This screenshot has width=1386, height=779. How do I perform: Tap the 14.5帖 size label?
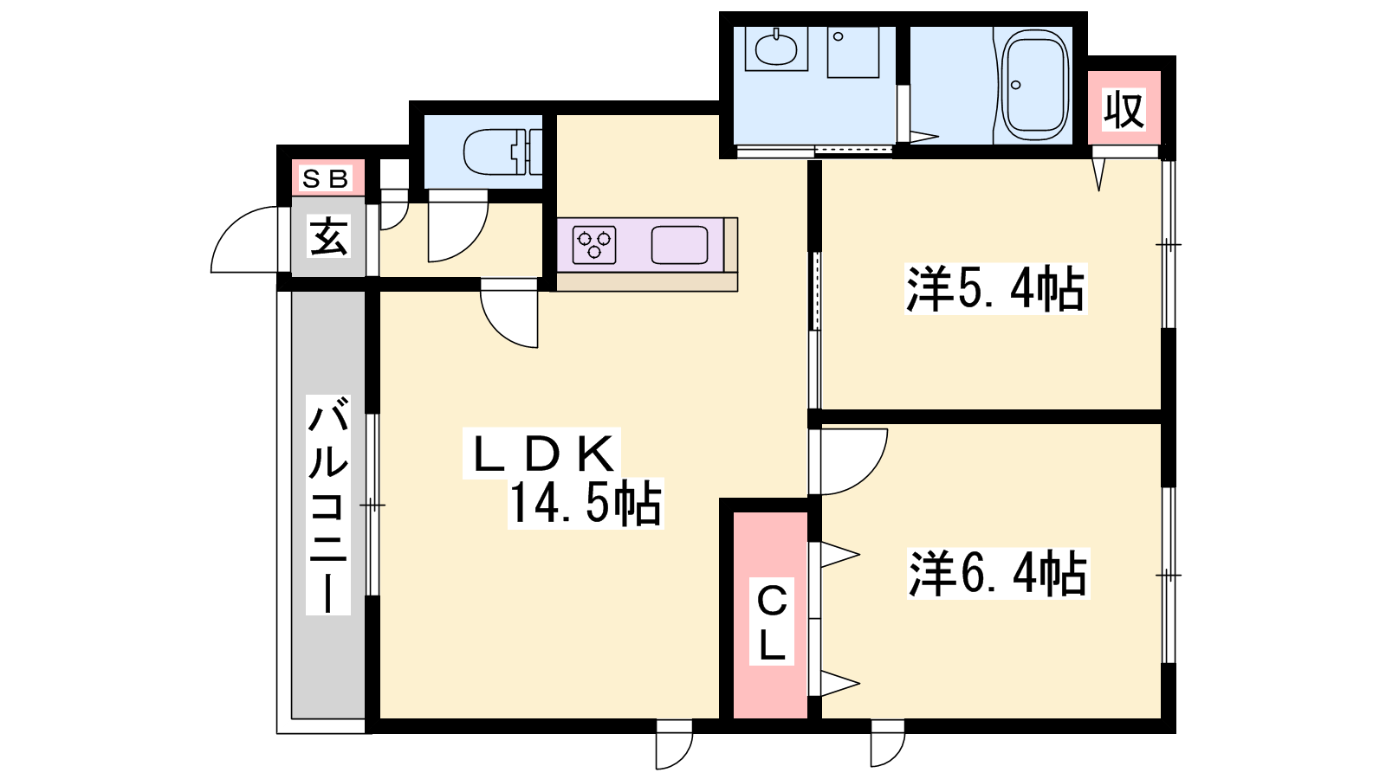click(x=586, y=503)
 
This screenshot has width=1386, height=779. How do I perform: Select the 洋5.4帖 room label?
click(x=995, y=289)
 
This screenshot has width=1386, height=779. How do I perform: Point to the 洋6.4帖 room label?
click(x=997, y=574)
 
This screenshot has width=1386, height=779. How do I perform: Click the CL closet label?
click(x=772, y=622)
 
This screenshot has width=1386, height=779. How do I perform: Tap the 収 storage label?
click(x=1124, y=108)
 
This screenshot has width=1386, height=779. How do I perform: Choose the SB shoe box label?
click(x=326, y=178)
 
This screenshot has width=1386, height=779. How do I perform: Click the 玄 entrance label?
click(x=328, y=235)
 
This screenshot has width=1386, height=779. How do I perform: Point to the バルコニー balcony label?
click(x=328, y=505)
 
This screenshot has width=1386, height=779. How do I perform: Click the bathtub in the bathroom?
click(x=1034, y=85)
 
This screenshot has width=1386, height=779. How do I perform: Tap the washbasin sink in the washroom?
click(x=776, y=49)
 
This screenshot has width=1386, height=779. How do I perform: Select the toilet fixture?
click(x=502, y=152)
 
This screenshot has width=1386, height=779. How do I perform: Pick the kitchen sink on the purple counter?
click(x=679, y=245)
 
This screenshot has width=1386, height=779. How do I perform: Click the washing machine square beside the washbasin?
click(x=852, y=52)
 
